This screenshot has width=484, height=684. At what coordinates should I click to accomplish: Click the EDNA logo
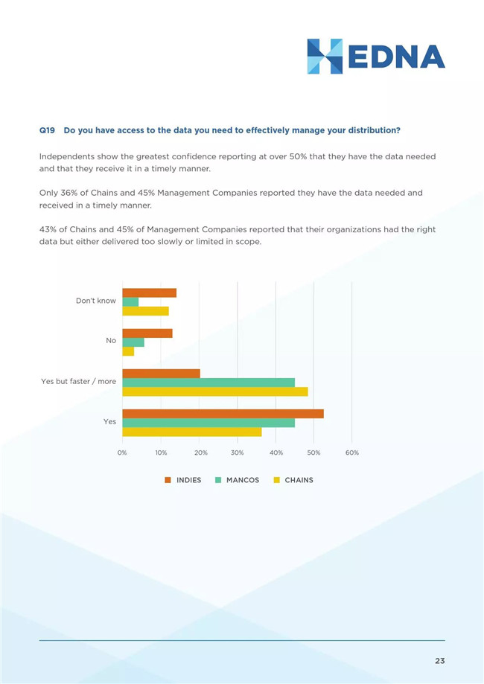(x=376, y=57)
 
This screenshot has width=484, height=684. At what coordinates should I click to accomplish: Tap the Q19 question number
(x=47, y=130)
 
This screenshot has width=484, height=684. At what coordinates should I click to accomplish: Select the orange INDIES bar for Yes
(x=223, y=414)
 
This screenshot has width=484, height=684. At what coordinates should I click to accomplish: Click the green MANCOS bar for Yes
(x=208, y=423)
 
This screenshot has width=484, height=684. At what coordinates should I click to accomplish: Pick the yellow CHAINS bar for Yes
(x=192, y=432)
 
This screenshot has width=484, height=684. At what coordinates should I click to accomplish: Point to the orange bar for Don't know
(x=149, y=293)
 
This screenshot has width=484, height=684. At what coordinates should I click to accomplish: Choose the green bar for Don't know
(x=130, y=302)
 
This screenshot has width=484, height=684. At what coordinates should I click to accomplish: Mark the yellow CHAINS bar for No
(x=128, y=351)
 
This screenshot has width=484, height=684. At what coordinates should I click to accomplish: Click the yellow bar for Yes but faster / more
(x=215, y=391)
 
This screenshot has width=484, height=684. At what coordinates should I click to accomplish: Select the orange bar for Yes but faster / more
(x=161, y=374)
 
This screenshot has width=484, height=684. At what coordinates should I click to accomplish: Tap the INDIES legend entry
(x=183, y=480)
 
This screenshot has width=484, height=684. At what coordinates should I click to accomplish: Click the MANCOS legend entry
(x=237, y=480)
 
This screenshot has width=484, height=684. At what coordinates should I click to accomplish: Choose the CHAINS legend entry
(x=293, y=480)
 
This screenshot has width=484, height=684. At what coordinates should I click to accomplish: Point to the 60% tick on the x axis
(x=351, y=453)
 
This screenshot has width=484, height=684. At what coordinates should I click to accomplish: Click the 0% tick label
(x=122, y=453)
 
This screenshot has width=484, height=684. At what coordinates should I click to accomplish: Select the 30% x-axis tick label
(x=238, y=453)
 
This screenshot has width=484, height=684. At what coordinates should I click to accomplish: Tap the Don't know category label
(x=96, y=301)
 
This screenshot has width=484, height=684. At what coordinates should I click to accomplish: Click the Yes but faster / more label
(x=79, y=381)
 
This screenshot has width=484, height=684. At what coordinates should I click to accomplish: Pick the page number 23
(x=440, y=661)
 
